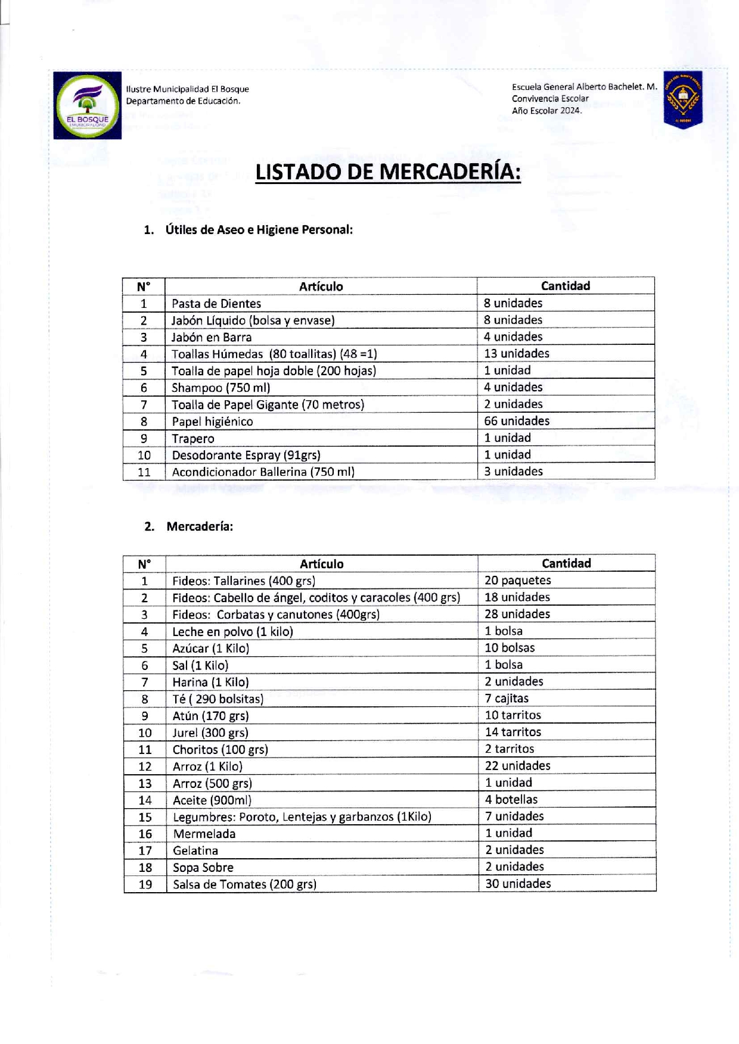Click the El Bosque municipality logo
[x=88, y=105]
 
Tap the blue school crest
[x=683, y=99]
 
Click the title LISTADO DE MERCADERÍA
[x=388, y=172]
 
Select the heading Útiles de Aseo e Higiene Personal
[x=259, y=230]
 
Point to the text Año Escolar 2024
[x=547, y=111]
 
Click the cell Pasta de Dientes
[x=216, y=303]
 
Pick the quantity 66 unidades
[x=517, y=421]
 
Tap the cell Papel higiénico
[x=212, y=422]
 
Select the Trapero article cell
[x=193, y=438]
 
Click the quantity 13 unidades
[x=517, y=354]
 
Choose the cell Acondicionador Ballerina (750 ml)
[x=263, y=472]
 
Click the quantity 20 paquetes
[x=517, y=580]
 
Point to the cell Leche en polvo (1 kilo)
[x=232, y=631]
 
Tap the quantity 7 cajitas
[x=507, y=698]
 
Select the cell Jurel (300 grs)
[x=210, y=733]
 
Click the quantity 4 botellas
[x=511, y=799]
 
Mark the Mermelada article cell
[x=204, y=834]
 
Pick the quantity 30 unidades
[x=518, y=884]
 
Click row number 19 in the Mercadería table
[x=145, y=884]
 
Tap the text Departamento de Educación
[x=183, y=101]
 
